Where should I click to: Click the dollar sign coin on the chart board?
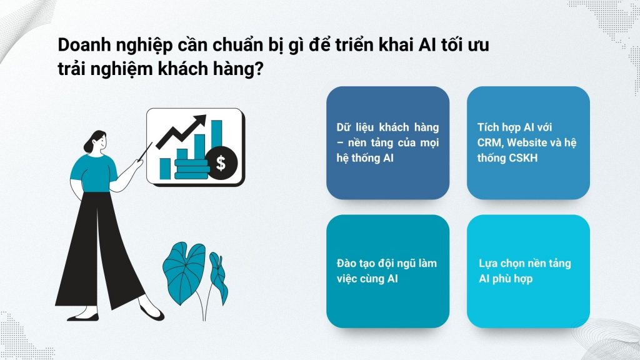[221, 164]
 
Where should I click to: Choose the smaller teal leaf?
[217, 275]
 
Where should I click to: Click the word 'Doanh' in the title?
[83, 46]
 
